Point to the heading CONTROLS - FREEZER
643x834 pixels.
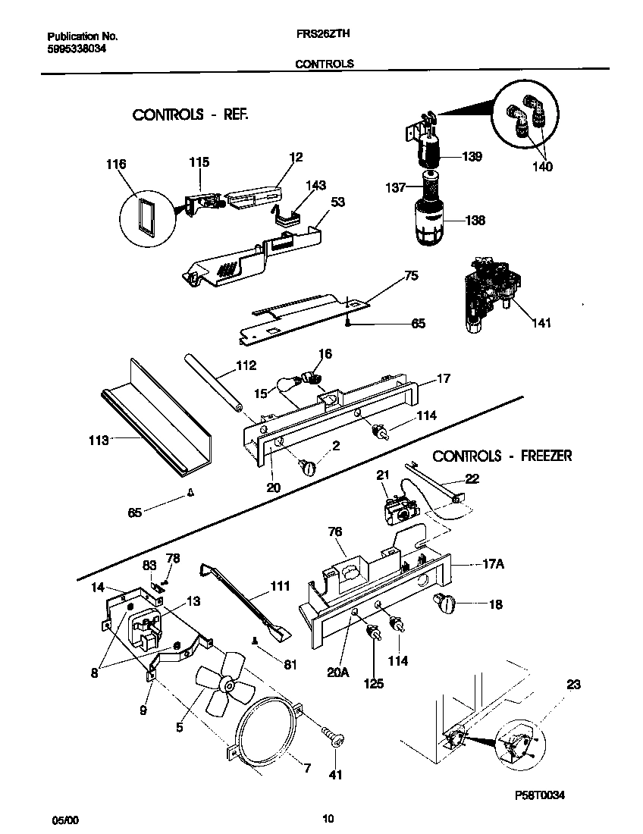(x=502, y=456)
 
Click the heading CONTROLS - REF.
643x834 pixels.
(x=190, y=114)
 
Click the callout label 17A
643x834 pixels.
(x=494, y=564)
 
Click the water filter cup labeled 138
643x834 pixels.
(x=429, y=221)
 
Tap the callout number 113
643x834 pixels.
(x=99, y=439)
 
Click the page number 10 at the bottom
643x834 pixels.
(x=328, y=818)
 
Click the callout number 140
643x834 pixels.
(x=542, y=167)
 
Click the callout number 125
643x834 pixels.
(x=373, y=683)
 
